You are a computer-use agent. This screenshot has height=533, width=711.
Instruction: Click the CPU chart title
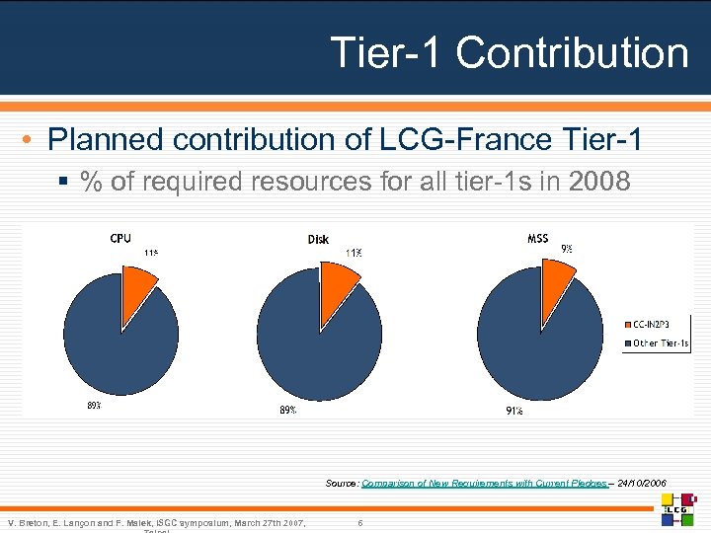click(x=120, y=238)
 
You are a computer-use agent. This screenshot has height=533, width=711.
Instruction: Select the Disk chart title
click(x=318, y=239)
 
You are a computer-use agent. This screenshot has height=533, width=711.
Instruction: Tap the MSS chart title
click(x=538, y=238)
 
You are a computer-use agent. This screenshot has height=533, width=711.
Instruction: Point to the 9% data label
click(x=568, y=249)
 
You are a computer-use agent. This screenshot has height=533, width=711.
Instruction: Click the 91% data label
click(x=513, y=411)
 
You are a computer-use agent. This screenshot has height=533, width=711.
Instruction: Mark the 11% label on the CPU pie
click(x=150, y=253)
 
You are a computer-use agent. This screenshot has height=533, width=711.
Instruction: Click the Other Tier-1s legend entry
click(x=659, y=343)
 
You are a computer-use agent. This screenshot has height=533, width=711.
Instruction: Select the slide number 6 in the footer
click(x=360, y=521)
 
